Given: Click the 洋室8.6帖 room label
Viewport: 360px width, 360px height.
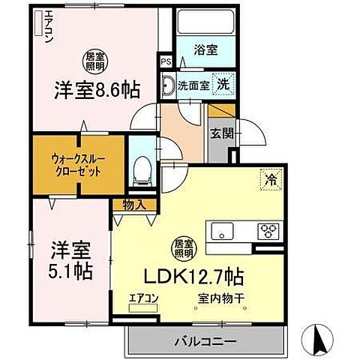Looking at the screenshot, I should point(96,89).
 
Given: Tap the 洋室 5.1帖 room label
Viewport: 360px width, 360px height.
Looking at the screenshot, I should point(72,260).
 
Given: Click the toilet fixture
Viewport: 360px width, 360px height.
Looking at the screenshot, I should point(139,171).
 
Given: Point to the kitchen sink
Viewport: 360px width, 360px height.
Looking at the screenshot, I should point(224,230).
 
